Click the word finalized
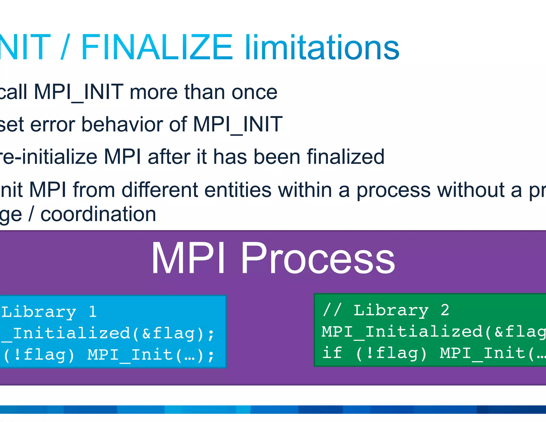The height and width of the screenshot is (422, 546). [x=346, y=157]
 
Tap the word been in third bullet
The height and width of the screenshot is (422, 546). [x=277, y=157]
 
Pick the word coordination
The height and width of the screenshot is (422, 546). [x=98, y=214]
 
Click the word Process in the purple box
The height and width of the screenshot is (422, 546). [x=318, y=258]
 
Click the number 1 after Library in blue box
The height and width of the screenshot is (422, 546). [x=93, y=312]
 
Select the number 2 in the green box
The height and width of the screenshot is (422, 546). [x=445, y=310]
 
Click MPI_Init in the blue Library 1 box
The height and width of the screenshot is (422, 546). [x=131, y=355]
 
